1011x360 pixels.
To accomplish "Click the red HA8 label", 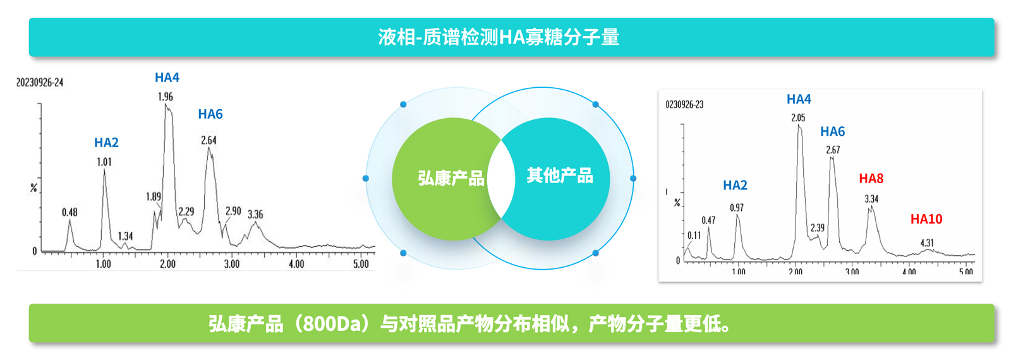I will tap(871, 179).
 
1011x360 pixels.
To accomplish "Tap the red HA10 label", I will tap(926, 219).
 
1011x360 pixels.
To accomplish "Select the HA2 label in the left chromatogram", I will tap(106, 143).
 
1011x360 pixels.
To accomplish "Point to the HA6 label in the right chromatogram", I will tap(832, 131).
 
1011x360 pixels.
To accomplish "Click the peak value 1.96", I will tap(165, 97).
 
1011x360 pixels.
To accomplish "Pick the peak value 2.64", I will tap(209, 140).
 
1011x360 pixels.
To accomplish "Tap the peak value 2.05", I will tap(798, 118).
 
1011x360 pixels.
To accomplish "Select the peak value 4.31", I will tap(927, 243).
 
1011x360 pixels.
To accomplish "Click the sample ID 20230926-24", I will tap(40, 83).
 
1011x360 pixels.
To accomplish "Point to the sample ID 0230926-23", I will tap(684, 104).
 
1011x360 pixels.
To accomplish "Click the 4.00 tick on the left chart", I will tap(296, 264).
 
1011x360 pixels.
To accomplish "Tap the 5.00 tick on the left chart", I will tap(361, 264).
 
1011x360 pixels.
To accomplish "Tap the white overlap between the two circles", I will tap(502, 179).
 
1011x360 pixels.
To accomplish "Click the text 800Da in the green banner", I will tap(332, 324).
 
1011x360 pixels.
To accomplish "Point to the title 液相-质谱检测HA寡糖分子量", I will tap(499, 37).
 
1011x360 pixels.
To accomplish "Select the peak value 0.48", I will tap(70, 212).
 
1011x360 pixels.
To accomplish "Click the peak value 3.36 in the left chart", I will tap(255, 214).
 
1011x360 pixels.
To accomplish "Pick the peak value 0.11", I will tap(694, 236).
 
